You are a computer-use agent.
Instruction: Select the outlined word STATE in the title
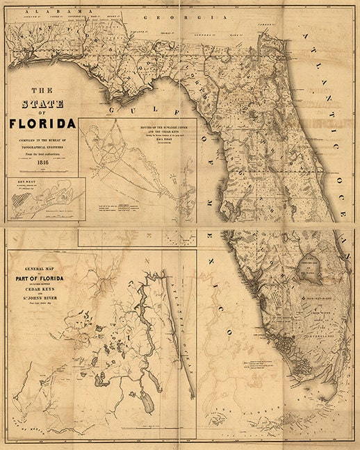pyautogui.click(x=44, y=104)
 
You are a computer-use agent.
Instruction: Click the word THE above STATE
pyautogui.click(x=44, y=90)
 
